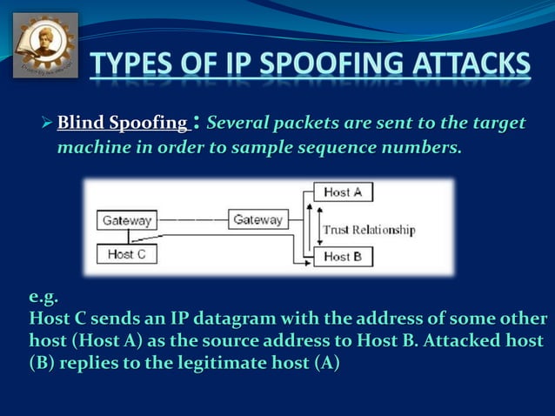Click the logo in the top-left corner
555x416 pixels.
tap(45, 45)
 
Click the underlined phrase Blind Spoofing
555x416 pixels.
tap(121, 124)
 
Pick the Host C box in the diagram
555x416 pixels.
tap(127, 254)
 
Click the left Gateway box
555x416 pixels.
tap(127, 220)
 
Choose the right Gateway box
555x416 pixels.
tap(257, 220)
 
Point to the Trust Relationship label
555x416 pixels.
tap(369, 230)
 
